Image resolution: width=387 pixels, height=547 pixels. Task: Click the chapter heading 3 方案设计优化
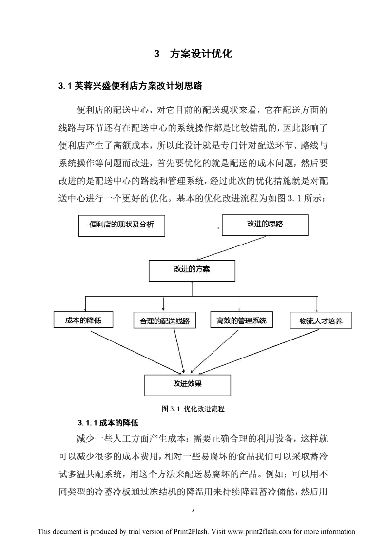(193, 54)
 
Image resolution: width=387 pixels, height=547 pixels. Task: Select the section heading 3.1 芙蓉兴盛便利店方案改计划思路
(130, 86)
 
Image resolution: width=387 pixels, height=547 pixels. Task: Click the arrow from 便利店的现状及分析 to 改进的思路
(193, 228)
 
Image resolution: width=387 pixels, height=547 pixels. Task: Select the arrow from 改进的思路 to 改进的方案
(231, 248)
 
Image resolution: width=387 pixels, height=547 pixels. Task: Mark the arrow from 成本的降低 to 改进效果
(137, 352)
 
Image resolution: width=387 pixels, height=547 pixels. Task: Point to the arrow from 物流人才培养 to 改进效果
(259, 351)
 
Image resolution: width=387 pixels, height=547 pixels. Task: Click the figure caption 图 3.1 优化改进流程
(193, 409)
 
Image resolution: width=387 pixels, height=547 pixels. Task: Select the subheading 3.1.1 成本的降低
(108, 423)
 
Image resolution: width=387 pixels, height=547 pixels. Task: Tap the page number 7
(193, 510)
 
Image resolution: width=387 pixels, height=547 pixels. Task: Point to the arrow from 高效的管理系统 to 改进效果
(214, 351)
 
